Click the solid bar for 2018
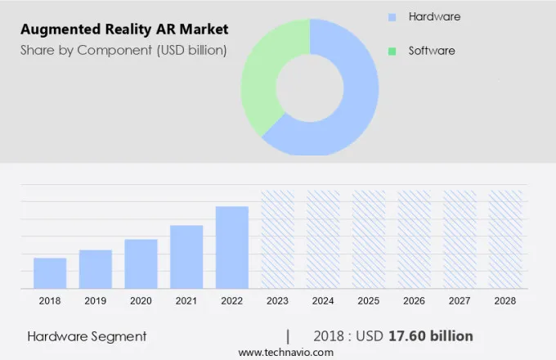(50, 272)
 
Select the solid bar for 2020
(141, 263)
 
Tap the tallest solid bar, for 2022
(231, 246)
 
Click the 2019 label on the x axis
(96, 301)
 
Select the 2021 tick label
(186, 301)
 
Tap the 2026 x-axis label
(414, 301)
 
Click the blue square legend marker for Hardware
(392, 16)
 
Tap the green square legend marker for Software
(392, 51)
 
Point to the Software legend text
(432, 51)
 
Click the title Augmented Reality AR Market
(123, 29)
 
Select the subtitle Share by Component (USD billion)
(123, 50)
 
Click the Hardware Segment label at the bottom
(87, 336)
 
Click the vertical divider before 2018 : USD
(288, 336)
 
